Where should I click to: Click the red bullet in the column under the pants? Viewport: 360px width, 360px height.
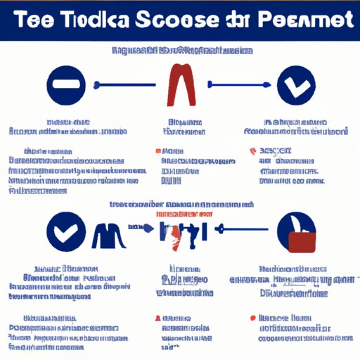click(x=156, y=151)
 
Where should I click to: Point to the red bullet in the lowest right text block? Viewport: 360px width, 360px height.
click(x=253, y=318)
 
